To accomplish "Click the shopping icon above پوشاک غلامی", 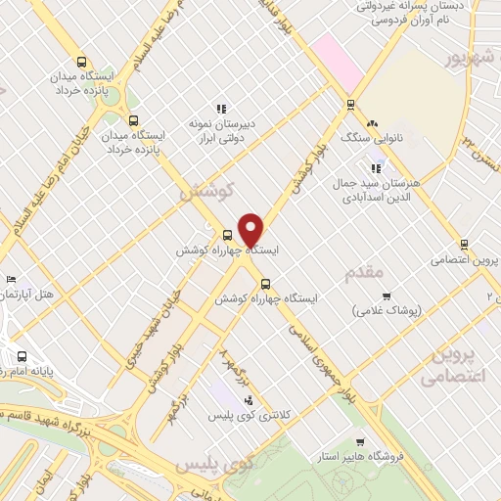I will (387, 296).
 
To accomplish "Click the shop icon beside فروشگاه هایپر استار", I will (361, 442).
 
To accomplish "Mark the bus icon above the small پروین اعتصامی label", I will (464, 245).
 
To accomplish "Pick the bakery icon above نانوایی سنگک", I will (371, 124).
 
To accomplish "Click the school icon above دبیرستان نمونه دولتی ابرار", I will (221, 109).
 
